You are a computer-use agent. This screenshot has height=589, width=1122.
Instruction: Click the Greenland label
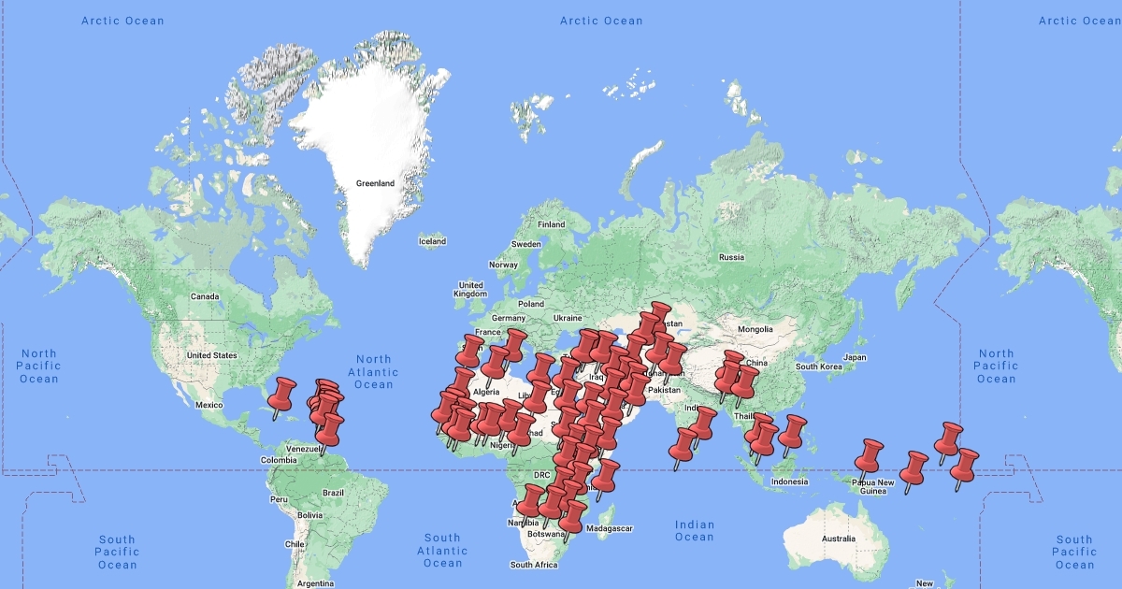pos(375,183)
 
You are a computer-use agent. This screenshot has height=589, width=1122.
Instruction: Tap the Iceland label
pos(432,241)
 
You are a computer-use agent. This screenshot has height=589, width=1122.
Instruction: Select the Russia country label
pos(730,257)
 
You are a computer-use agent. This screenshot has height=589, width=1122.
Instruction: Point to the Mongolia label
pos(755,329)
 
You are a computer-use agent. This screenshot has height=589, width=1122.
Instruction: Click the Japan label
pos(855,357)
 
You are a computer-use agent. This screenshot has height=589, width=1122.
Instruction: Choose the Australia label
pos(838,539)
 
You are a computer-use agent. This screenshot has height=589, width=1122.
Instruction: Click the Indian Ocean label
pos(694,531)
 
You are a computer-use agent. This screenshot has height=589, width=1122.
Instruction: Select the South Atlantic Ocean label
pos(442,551)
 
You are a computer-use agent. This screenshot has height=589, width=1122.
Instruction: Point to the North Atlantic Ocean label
pos(373,372)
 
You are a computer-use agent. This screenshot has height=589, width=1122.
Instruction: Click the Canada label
pos(204,296)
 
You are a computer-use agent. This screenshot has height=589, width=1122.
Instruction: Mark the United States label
pos(212,355)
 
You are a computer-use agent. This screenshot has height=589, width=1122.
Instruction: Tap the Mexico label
pos(209,405)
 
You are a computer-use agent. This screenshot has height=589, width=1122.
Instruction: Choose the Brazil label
pos(333,492)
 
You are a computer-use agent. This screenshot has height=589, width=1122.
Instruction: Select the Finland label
pos(551,224)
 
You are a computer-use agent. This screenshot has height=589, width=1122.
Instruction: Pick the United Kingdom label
pos(470,289)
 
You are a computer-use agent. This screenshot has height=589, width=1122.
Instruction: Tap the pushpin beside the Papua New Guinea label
pos(869,456)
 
